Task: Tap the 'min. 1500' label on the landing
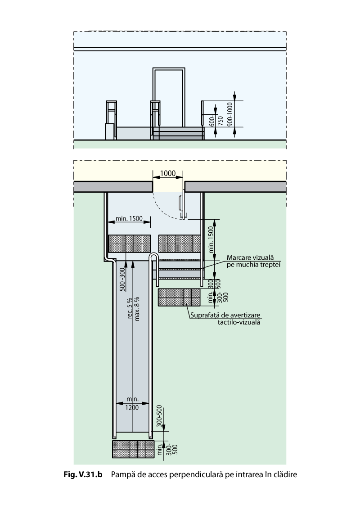129,219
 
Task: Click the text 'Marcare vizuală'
250,257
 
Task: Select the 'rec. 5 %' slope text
130,308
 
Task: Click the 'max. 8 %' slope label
137,308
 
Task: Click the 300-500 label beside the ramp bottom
158,416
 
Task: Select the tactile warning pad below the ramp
133,449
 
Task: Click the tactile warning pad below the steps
179,298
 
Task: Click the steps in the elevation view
178,133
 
